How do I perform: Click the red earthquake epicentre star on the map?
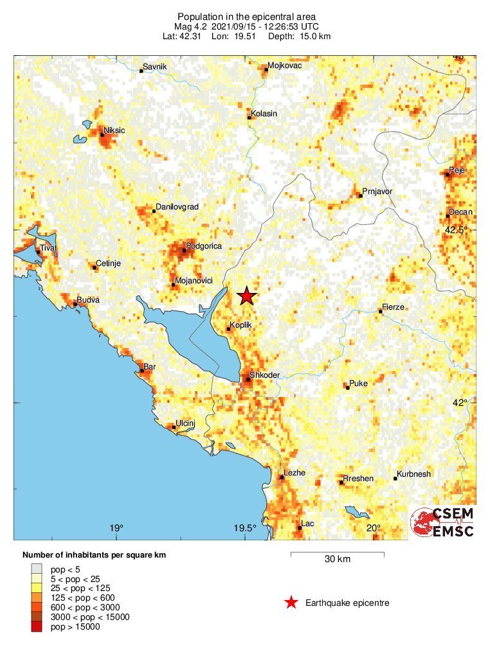point(247,296)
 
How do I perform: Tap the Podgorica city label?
point(203,246)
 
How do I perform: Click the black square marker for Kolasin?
point(250,118)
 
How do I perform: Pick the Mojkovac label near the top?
point(284,66)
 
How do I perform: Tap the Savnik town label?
point(154,66)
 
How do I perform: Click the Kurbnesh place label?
point(414,474)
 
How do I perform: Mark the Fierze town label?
point(393,307)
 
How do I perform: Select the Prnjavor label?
point(377,191)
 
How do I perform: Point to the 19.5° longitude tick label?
point(245,529)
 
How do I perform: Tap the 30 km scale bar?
point(337,553)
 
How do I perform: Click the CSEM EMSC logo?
point(443,522)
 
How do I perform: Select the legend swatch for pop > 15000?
point(39,627)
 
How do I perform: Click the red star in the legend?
point(291,602)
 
